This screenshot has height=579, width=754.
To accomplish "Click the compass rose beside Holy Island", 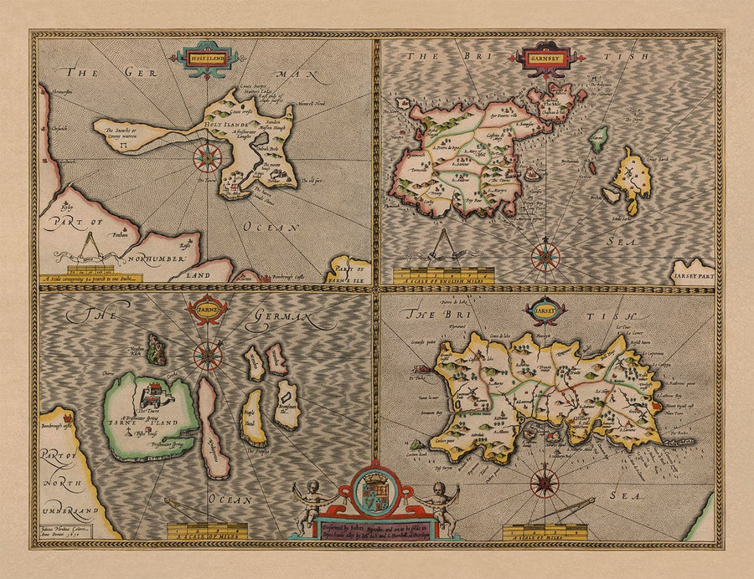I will (207, 156).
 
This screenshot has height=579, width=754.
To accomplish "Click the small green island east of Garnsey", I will (597, 139).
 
